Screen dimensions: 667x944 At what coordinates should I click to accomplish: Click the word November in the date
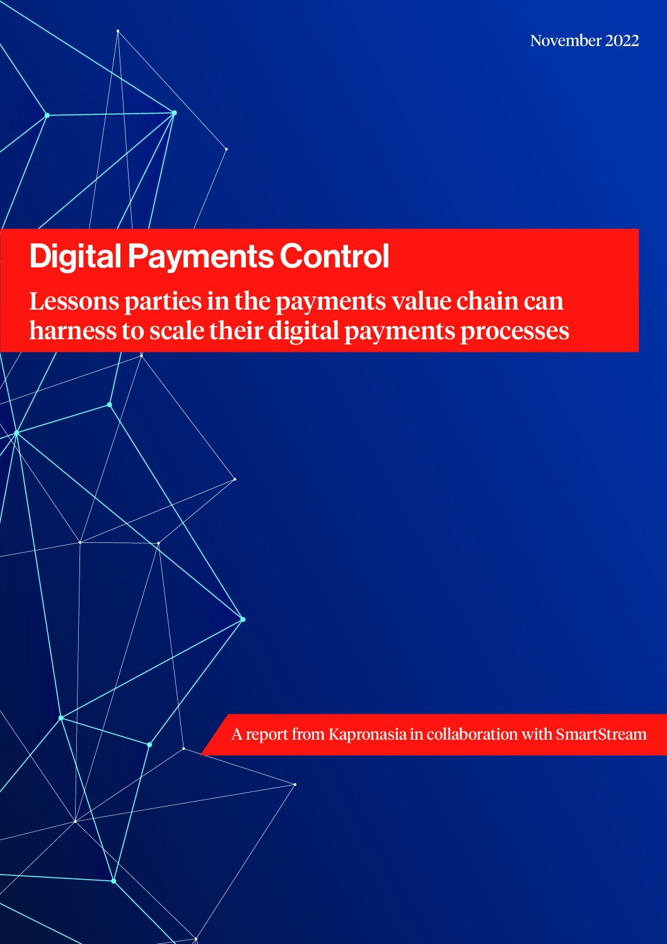pos(565,41)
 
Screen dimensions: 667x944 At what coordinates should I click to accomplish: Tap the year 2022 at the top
pos(622,41)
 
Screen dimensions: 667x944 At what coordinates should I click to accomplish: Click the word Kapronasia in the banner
pos(368,735)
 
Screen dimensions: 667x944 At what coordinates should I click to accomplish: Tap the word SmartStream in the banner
pos(601,735)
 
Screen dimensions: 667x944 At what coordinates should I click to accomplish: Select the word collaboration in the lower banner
pos(472,735)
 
